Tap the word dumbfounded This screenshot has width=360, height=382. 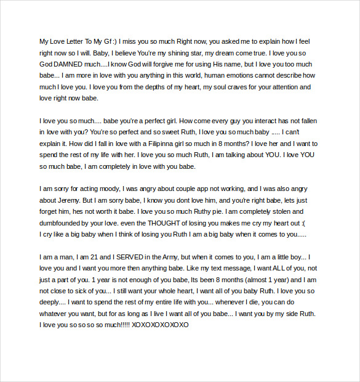click(63, 223)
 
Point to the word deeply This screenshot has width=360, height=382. click(52, 302)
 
